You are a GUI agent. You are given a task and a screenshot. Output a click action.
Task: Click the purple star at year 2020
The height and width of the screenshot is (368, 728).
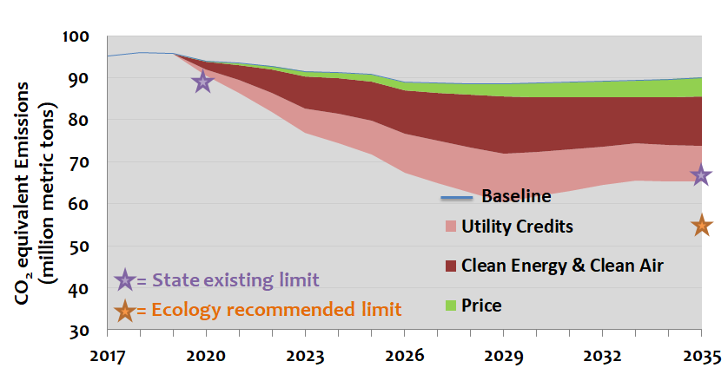tap(202, 82)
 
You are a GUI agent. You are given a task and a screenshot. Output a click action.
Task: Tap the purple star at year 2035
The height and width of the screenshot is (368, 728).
tap(701, 176)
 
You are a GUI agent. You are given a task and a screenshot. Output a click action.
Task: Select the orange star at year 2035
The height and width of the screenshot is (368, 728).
tap(702, 226)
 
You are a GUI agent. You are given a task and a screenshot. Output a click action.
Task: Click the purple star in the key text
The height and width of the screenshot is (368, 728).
tap(125, 279)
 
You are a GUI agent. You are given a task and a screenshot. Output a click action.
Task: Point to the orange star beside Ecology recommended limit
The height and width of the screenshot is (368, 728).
tap(125, 309)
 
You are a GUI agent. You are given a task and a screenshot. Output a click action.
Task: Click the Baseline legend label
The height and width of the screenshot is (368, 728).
tap(516, 196)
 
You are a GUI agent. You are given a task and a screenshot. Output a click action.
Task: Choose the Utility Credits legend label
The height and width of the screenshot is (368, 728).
tap(517, 227)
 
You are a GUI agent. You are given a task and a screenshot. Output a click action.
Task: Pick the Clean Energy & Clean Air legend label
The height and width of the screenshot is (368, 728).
tap(563, 266)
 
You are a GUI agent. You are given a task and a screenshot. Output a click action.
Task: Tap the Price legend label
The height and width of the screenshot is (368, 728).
tap(481, 305)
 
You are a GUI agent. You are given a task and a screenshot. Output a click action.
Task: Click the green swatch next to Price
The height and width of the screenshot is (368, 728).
tap(449, 305)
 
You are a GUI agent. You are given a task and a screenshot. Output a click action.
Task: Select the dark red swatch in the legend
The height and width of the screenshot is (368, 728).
tap(449, 266)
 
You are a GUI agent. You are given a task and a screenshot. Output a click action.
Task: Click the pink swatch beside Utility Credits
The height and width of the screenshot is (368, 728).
tap(449, 227)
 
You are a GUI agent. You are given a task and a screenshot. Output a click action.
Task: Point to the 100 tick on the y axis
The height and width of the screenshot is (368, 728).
tap(76, 36)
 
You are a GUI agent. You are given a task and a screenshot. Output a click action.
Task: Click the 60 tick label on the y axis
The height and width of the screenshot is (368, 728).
tap(80, 205)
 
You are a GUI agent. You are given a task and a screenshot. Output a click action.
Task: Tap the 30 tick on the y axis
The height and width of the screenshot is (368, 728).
tap(80, 331)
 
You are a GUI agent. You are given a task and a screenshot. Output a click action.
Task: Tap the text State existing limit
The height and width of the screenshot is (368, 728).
tap(235, 280)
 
